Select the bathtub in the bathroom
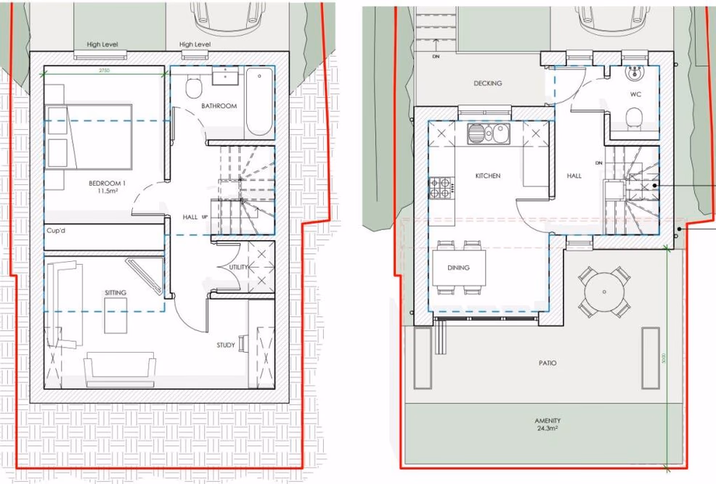point(259,102)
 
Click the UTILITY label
point(239,267)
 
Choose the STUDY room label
point(225,345)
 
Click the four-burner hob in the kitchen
point(440,189)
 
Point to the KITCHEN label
point(488,176)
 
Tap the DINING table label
point(458,268)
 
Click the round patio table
point(603,292)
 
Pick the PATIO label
point(548,363)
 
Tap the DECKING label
point(487,83)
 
